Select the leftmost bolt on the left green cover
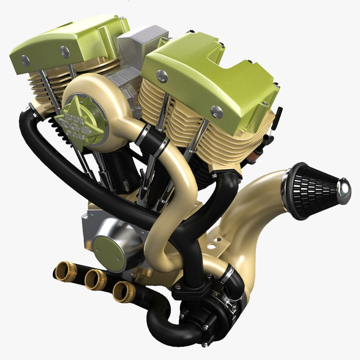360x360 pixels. click(x=25, y=61)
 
